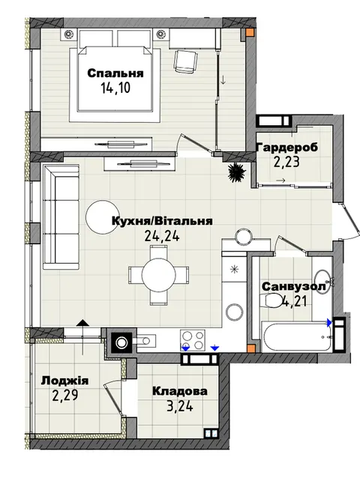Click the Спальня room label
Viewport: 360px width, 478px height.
[115, 73]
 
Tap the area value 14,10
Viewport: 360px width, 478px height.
[115, 88]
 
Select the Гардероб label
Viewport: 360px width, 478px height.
[287, 148]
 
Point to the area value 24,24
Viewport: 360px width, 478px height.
[162, 235]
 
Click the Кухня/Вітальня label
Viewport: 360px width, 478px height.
[162, 221]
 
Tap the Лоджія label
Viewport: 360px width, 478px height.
[65, 381]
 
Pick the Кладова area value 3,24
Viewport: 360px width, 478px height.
[180, 406]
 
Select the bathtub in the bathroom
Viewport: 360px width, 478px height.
[296, 337]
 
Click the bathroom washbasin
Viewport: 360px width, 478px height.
[323, 282]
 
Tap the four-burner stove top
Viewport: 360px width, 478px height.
[192, 340]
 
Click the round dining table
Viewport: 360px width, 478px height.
[159, 276]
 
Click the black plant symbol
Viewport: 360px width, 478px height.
[236, 172]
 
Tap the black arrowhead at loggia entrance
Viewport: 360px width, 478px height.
[83, 324]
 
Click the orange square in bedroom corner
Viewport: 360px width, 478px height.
[250, 32]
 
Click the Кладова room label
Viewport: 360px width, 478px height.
[180, 391]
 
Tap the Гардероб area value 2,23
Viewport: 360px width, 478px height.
[286, 162]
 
